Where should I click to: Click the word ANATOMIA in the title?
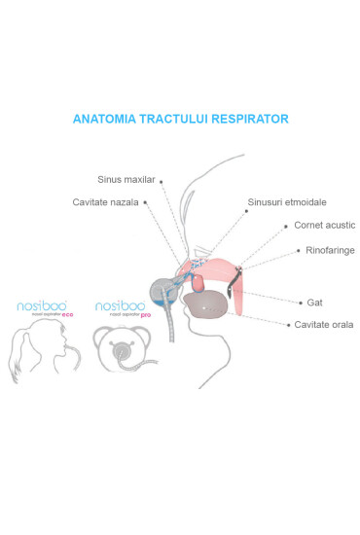pos(107,119)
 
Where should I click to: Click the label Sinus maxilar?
pos(126,180)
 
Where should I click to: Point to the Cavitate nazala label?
pos(106,202)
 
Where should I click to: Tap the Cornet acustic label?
pos(325,225)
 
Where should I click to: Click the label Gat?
pos(314,303)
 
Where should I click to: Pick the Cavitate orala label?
pos(324,324)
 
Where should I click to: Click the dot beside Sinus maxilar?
pos(162,180)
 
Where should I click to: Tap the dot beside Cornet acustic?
pos(286,225)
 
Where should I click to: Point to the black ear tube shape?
pos(234,283)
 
